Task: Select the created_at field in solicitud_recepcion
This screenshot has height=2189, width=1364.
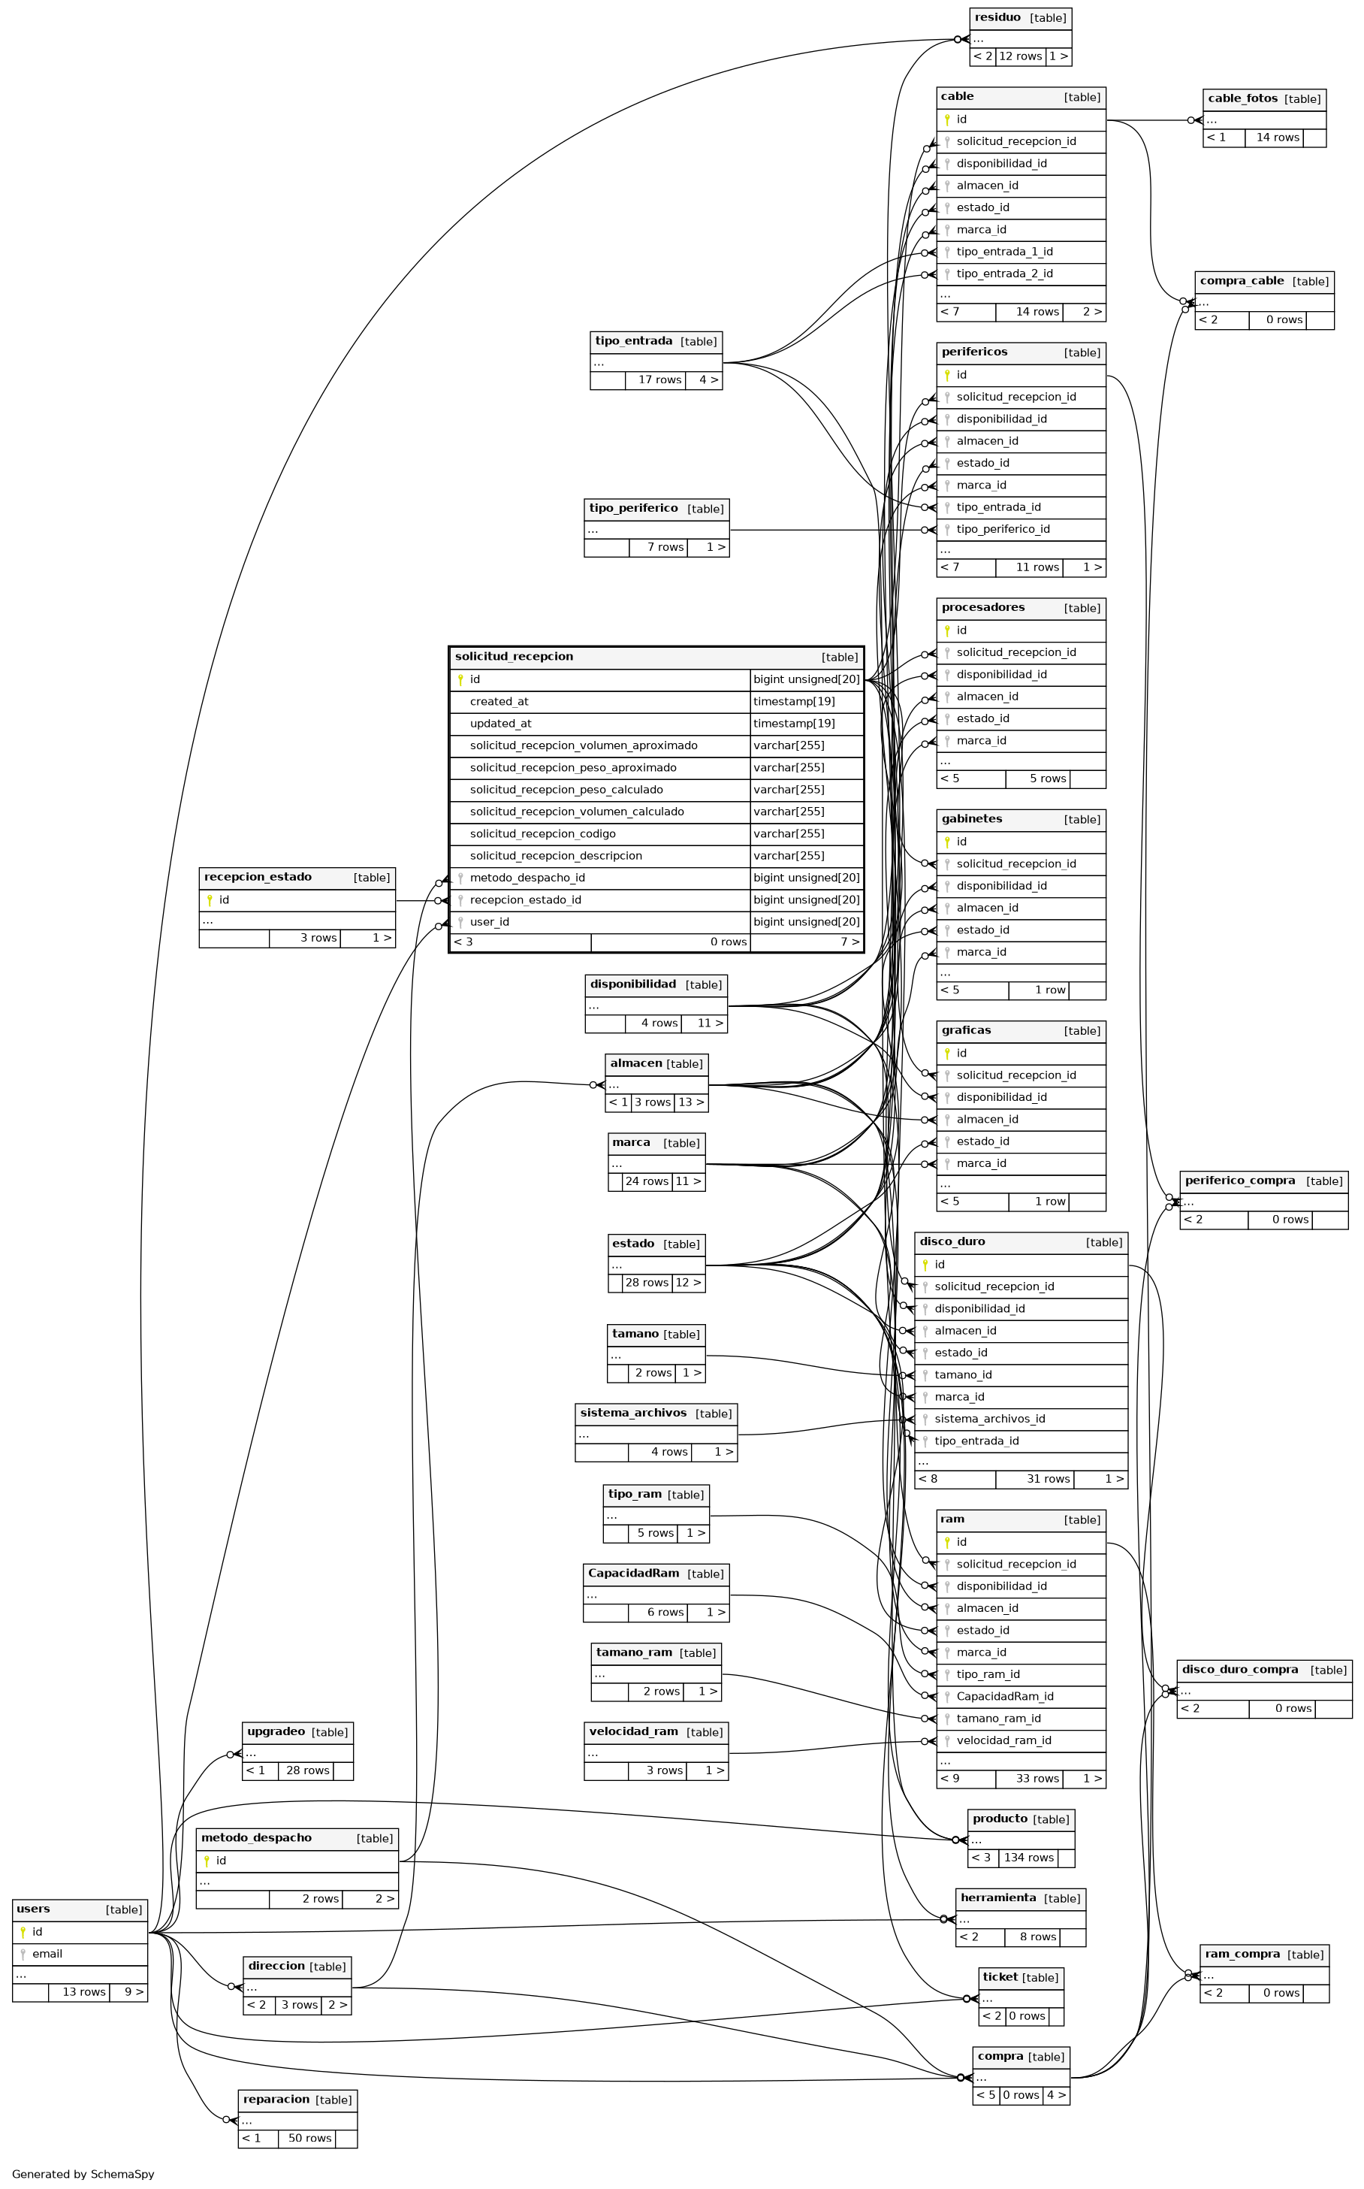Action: click(x=499, y=702)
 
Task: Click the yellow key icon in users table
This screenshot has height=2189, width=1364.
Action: click(x=23, y=1932)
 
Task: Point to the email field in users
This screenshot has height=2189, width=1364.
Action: click(x=47, y=1954)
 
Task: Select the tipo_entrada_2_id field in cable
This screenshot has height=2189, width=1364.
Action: click(x=1004, y=274)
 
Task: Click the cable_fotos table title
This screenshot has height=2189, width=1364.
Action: click(x=1242, y=98)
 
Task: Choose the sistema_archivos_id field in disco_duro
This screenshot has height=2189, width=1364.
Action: click(x=988, y=1419)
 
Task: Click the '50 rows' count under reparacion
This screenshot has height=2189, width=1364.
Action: click(x=309, y=2138)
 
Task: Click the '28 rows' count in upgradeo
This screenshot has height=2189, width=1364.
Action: click(x=308, y=1770)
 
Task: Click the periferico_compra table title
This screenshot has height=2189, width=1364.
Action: click(x=1239, y=1181)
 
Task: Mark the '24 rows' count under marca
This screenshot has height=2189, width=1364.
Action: click(x=646, y=1181)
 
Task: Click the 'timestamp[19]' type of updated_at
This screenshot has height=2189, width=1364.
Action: click(x=794, y=724)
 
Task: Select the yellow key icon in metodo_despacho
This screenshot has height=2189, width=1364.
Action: click(x=207, y=1861)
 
